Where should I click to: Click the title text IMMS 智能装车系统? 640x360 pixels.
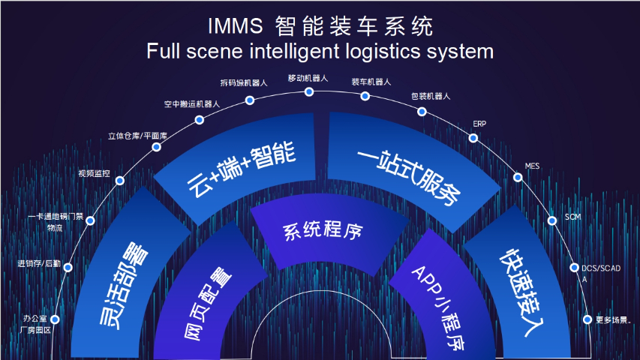[x=320, y=27]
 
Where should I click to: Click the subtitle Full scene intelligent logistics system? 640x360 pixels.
[x=320, y=52]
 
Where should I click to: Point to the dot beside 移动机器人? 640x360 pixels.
[x=308, y=91]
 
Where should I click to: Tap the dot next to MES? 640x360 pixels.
[x=517, y=178]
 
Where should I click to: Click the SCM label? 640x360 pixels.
[x=573, y=217]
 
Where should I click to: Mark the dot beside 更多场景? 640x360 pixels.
[x=587, y=319]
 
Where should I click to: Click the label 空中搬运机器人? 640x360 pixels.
[x=192, y=103]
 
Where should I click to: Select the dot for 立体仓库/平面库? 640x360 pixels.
[x=156, y=147]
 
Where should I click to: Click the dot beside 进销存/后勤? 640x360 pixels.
[x=68, y=268]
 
